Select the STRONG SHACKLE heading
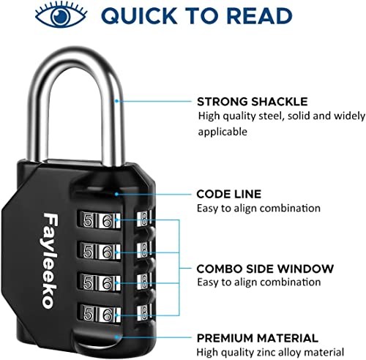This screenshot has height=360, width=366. point(242,102)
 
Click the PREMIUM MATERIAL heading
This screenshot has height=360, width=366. point(256,338)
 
